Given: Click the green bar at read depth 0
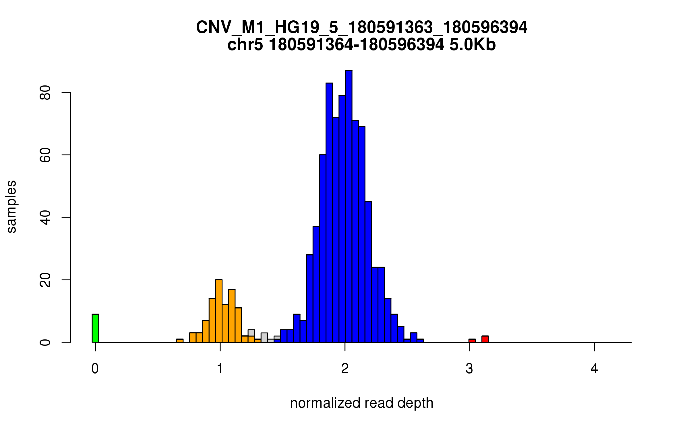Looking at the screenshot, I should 95,328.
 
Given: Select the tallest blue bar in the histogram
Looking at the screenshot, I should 349,206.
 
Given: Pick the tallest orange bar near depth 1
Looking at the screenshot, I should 219,311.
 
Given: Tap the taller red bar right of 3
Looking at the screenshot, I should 485,339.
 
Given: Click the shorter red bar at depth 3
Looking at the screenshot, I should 472,341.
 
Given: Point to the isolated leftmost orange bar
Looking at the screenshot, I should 180,341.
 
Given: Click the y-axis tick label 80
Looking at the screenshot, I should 45,93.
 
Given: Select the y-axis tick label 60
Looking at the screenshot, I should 45,155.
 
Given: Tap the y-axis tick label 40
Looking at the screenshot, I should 45,218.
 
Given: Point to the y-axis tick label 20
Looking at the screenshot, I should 45,280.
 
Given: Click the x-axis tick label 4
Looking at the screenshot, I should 594,369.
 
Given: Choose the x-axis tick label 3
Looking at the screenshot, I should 469,369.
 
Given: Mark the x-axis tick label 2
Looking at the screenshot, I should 345,369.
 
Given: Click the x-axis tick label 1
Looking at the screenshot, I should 220,369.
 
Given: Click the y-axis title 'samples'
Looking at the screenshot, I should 11,206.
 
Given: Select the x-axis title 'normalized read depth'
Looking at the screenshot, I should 361,403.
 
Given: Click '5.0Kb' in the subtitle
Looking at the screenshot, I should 473,45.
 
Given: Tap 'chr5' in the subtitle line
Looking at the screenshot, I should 245,45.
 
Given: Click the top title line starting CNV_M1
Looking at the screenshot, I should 361,28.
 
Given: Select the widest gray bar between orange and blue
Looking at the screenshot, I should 264,337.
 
